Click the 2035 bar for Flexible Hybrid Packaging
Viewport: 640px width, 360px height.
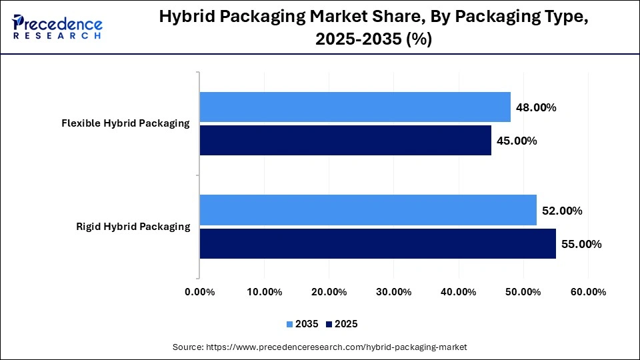coord(355,107)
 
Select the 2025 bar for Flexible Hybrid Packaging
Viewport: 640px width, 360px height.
coord(345,140)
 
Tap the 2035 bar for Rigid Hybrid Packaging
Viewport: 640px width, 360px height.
coord(368,211)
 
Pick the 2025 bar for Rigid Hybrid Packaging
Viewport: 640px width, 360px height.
coord(377,243)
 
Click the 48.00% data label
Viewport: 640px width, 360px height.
coord(536,107)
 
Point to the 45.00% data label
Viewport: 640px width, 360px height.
coord(517,141)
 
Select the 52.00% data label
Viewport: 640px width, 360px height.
coord(562,211)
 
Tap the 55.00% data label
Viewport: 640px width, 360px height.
coord(581,244)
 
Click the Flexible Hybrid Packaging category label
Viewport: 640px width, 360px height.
coord(125,123)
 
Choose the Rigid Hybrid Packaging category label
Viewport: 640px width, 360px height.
coord(133,227)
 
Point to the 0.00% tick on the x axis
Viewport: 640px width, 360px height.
coord(199,292)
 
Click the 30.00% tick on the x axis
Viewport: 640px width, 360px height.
coord(393,292)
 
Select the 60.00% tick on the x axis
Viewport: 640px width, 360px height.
coord(588,292)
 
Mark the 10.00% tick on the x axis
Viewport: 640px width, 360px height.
coord(264,292)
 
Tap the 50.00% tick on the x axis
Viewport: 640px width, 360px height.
coord(523,292)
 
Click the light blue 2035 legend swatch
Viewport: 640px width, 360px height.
coord(290,324)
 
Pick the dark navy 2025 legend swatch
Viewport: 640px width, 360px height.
coord(329,324)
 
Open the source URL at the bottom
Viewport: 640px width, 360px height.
coord(320,347)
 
